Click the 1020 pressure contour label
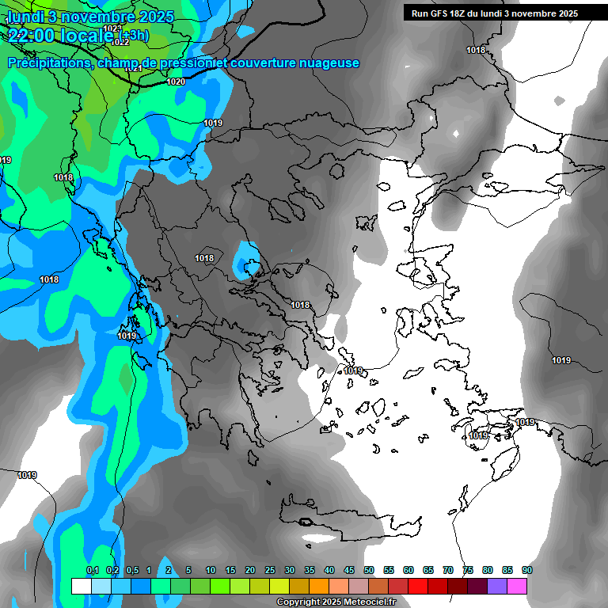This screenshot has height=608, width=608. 176,82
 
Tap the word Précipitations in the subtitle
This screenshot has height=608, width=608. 47,63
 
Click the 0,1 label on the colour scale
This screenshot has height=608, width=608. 92,570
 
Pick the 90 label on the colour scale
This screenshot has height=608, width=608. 526,570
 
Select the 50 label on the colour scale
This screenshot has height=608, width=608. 369,570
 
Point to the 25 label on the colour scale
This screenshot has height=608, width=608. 270,570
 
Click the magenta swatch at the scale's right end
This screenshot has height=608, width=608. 517,586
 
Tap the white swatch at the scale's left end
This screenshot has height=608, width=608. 81,586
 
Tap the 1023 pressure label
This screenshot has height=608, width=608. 113,28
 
